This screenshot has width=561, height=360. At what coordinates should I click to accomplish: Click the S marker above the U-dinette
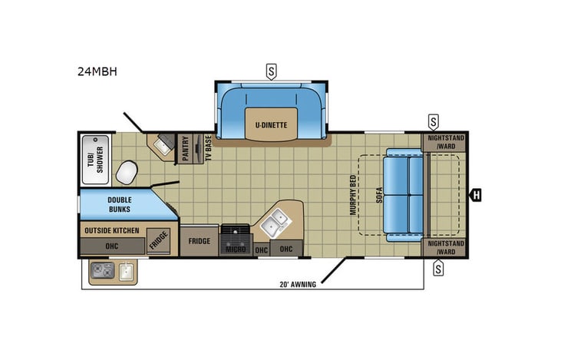point(271,72)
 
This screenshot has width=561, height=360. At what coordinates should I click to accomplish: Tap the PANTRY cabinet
point(186,147)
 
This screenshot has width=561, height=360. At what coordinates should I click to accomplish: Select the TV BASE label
point(207,148)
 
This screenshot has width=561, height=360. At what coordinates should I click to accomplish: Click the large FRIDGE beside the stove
point(200,241)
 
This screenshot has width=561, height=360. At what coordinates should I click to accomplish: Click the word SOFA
point(379,194)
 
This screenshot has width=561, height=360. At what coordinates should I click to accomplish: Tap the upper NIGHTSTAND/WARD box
point(444,143)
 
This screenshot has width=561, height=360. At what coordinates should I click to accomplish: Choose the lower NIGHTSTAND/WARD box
point(444,247)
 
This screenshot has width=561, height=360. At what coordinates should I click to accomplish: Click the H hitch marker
point(476,195)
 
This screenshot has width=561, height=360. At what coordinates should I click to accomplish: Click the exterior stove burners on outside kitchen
point(103,270)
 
